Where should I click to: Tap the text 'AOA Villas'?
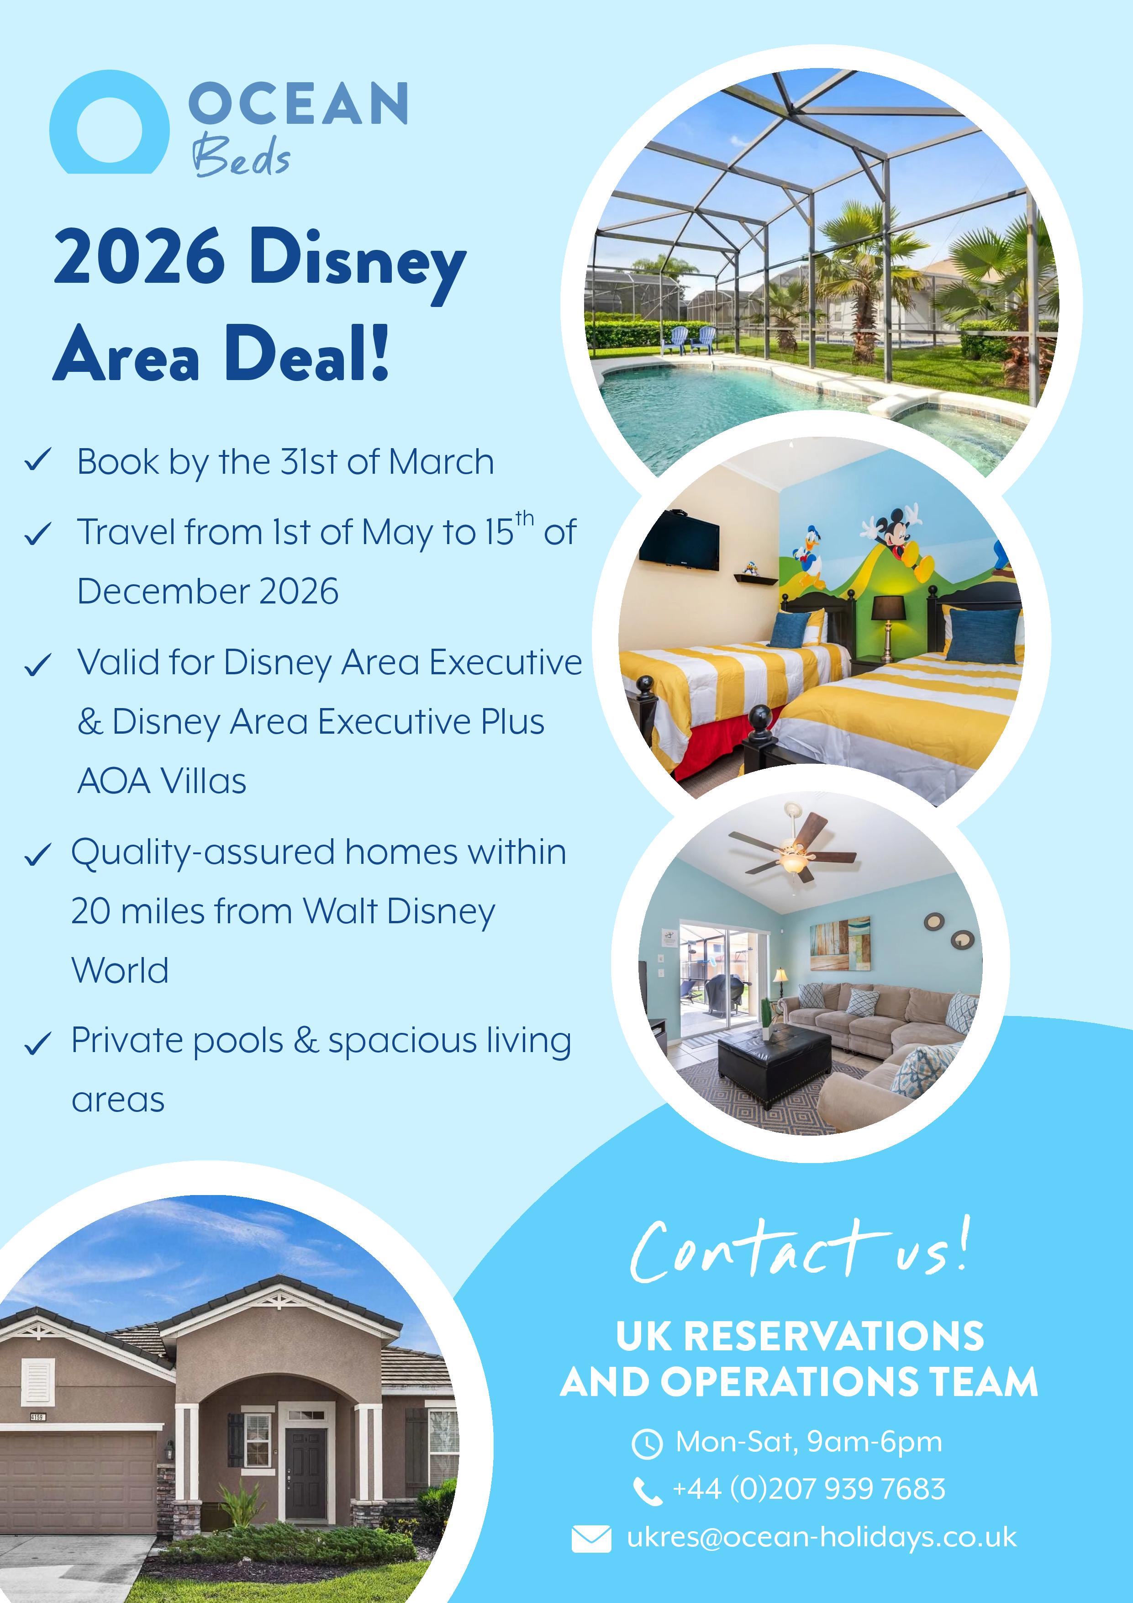tap(162, 781)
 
